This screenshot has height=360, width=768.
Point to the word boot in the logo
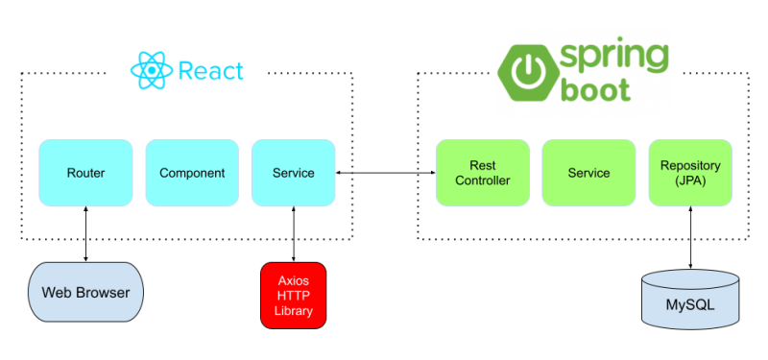(597, 91)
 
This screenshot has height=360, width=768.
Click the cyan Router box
(85, 173)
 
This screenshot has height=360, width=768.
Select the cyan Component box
(192, 173)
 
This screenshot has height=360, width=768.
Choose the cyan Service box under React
(293, 173)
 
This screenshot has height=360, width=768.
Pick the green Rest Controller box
(483, 173)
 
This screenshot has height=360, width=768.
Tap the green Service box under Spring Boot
(588, 173)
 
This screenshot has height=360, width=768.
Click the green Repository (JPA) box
(690, 173)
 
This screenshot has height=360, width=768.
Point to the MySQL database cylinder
(690, 300)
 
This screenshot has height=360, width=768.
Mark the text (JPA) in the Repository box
(690, 180)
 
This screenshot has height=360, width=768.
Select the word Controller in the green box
(483, 180)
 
